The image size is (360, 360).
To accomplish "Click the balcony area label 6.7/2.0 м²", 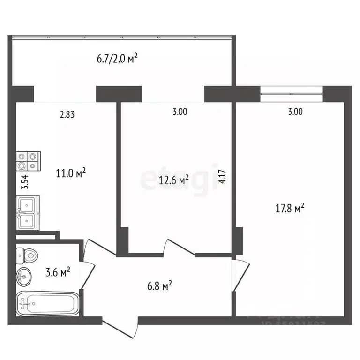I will tap(117, 59).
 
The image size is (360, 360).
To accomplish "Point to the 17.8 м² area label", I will tap(291, 209).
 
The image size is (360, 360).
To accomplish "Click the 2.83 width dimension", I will tap(67, 113).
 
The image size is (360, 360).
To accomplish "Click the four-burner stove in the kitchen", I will tap(29, 161).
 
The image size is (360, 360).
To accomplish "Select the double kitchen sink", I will tap(28, 213).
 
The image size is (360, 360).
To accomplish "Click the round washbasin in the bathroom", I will tap(24, 277).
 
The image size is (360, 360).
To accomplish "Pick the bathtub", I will tap(47, 304).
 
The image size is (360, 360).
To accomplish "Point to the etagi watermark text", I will tap(180, 179).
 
